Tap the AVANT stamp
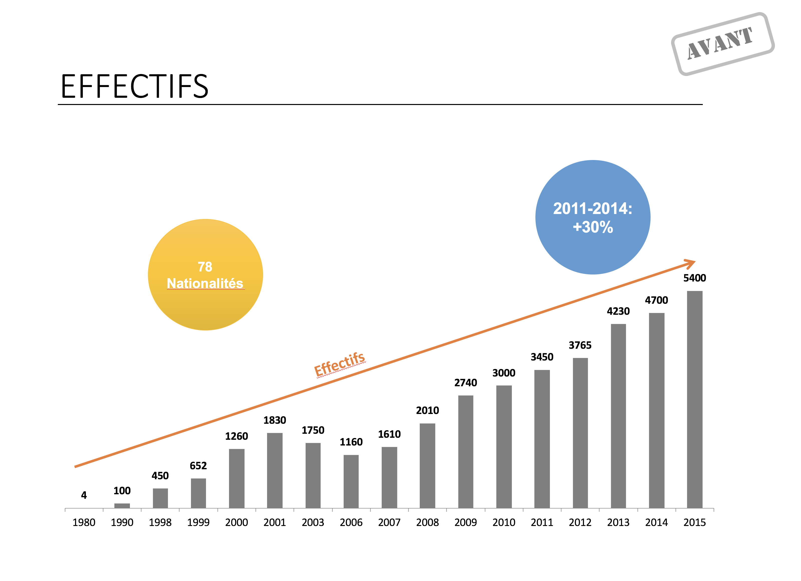click(x=722, y=44)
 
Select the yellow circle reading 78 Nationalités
click(x=205, y=275)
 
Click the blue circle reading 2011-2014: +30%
click(x=593, y=217)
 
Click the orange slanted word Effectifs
click(x=339, y=364)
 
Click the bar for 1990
click(x=122, y=505)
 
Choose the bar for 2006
click(x=351, y=481)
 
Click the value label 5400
click(x=694, y=278)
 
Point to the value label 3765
click(x=580, y=345)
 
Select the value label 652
click(x=198, y=466)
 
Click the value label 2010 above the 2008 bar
click(x=427, y=410)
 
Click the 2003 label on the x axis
click(x=313, y=522)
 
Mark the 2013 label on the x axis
click(x=618, y=522)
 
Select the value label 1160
click(x=351, y=442)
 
